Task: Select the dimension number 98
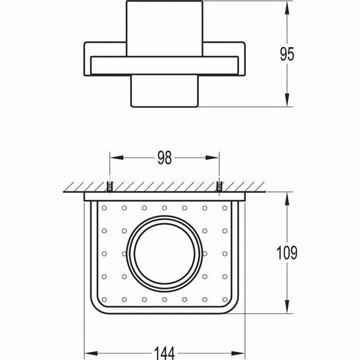click(x=164, y=158)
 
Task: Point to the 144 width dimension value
click(x=164, y=352)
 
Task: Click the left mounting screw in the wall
click(x=109, y=188)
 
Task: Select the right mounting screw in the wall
click(x=219, y=188)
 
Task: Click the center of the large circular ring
click(x=164, y=253)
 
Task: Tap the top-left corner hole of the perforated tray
click(x=104, y=208)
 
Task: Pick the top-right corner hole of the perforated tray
click(x=224, y=208)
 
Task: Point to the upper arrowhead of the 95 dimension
click(x=287, y=6)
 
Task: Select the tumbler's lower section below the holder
click(x=164, y=92)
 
